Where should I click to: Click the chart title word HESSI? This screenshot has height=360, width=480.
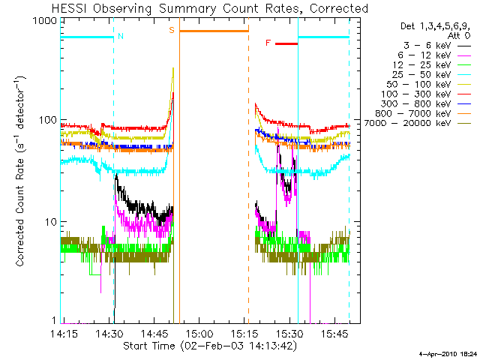69,8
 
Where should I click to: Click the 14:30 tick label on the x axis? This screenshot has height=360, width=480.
109,334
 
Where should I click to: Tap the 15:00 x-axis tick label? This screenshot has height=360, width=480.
200,334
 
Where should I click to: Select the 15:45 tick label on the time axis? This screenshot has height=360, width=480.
335,334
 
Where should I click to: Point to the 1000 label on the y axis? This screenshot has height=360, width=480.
45,21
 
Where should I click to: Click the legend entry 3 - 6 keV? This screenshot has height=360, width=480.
427,46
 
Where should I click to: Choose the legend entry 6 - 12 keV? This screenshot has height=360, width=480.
424,55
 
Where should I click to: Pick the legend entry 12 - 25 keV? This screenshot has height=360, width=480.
421,65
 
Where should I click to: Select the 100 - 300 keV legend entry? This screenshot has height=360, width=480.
416,94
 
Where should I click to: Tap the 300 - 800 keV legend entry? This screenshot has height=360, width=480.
416,104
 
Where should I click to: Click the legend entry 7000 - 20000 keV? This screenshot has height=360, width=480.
407,123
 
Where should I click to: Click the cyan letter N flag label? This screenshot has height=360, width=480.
121,36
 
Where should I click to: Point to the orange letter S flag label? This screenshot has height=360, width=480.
172,30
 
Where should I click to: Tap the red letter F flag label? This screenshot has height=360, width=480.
268,43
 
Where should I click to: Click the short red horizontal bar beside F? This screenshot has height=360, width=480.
286,43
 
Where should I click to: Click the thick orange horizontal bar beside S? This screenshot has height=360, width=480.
214,31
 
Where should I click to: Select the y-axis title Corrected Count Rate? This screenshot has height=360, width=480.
20,212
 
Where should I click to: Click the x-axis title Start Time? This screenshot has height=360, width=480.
149,346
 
